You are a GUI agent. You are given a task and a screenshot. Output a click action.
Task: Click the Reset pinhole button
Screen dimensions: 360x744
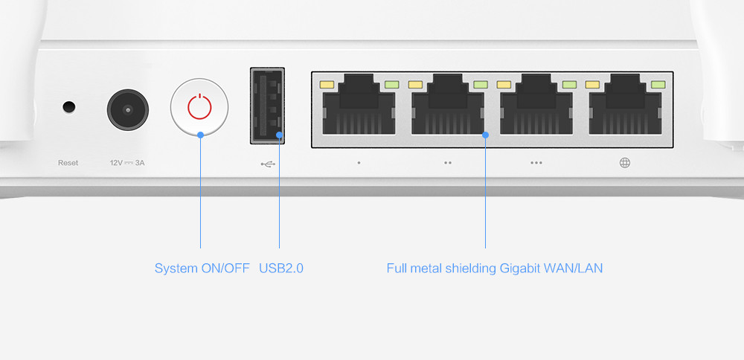[69, 107]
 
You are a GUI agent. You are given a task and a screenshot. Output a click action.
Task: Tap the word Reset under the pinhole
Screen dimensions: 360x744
[68, 163]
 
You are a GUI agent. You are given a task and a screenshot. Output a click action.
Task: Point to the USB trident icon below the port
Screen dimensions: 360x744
[268, 164]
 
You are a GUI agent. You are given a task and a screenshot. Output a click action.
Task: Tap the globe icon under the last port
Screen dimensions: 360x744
[624, 163]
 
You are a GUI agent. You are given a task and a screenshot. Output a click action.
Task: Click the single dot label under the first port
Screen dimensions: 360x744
[359, 163]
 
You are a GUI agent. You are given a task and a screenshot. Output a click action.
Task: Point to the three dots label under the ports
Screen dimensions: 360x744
[536, 163]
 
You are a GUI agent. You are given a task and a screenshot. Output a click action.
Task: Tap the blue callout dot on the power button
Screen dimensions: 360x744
[200, 135]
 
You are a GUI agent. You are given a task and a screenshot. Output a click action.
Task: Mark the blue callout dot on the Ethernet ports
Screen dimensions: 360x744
[485, 135]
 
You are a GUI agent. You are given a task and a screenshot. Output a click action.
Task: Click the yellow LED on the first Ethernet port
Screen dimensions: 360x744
[327, 85]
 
